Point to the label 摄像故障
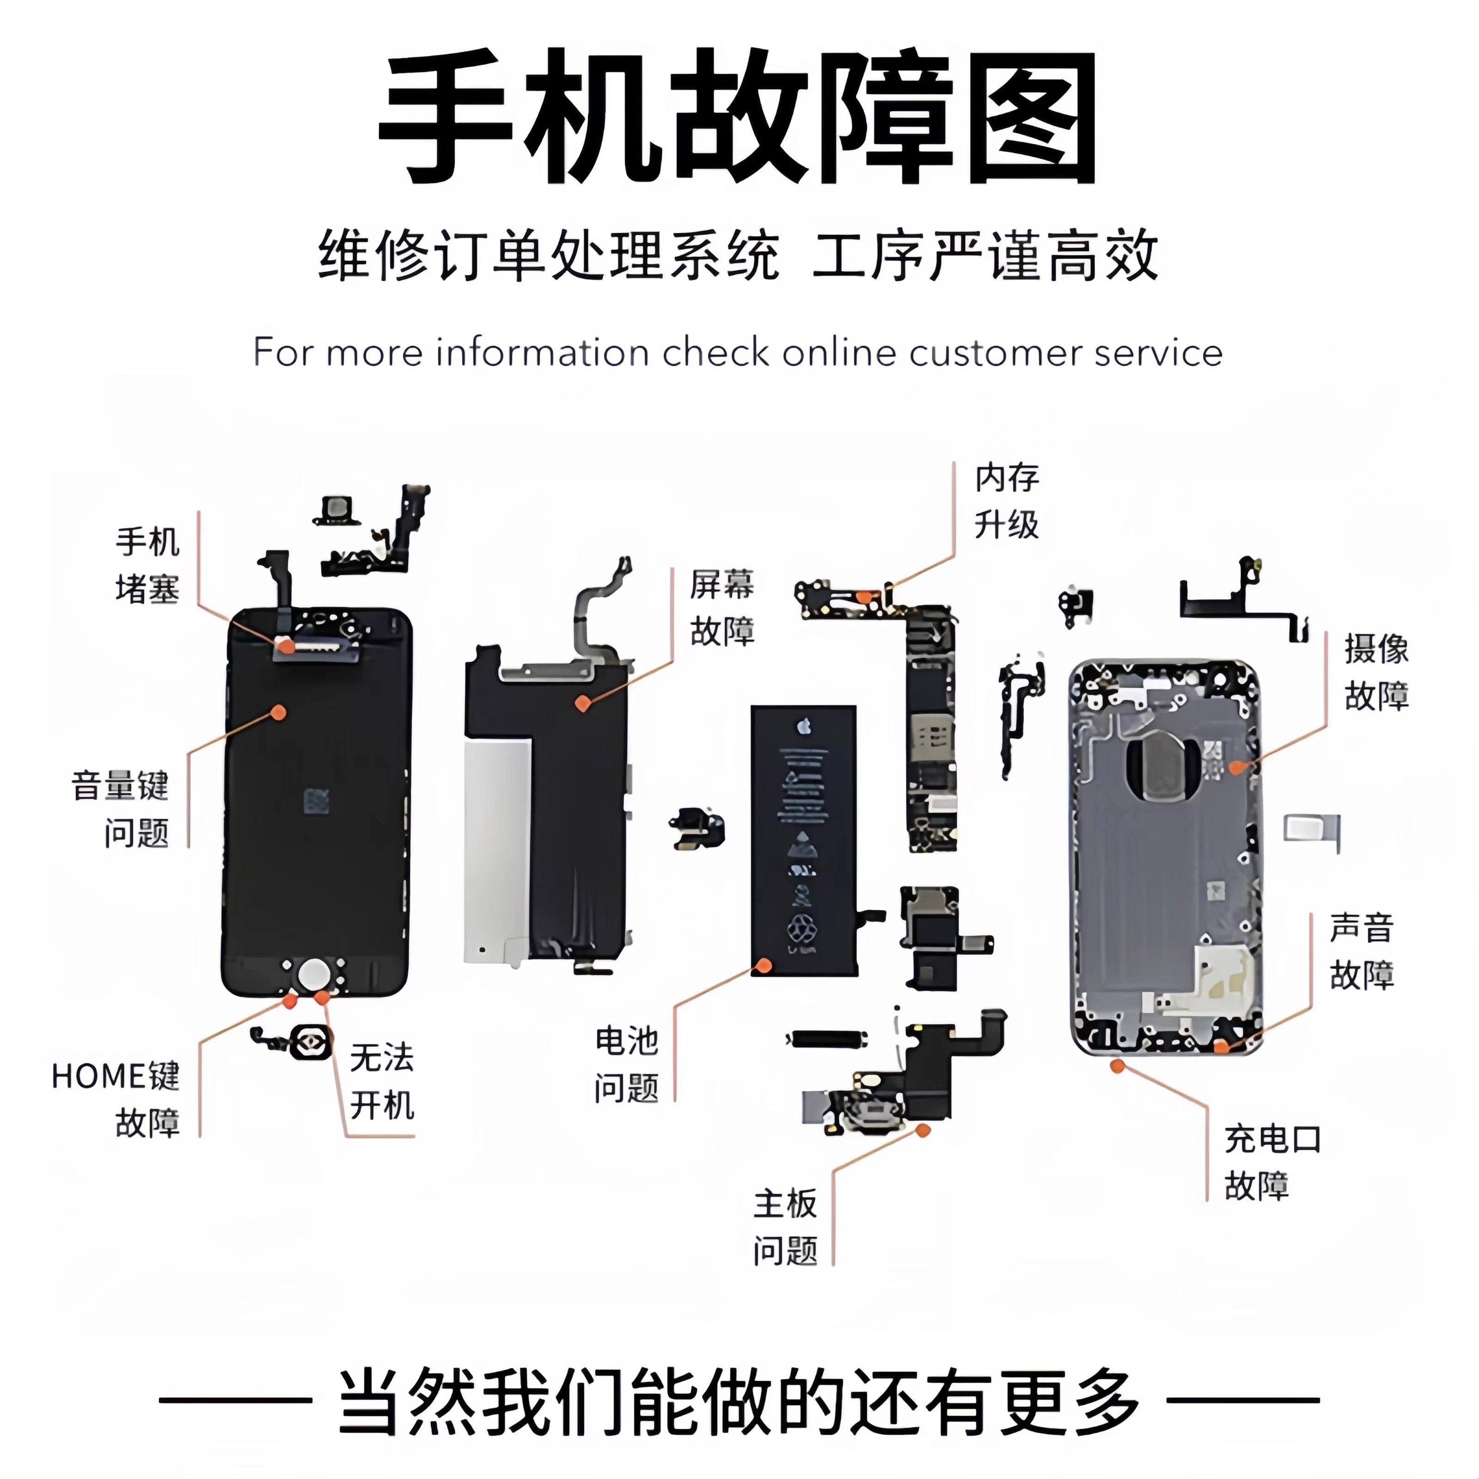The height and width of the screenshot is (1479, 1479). (x=1375, y=672)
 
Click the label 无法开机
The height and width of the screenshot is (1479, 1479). (x=381, y=1082)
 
